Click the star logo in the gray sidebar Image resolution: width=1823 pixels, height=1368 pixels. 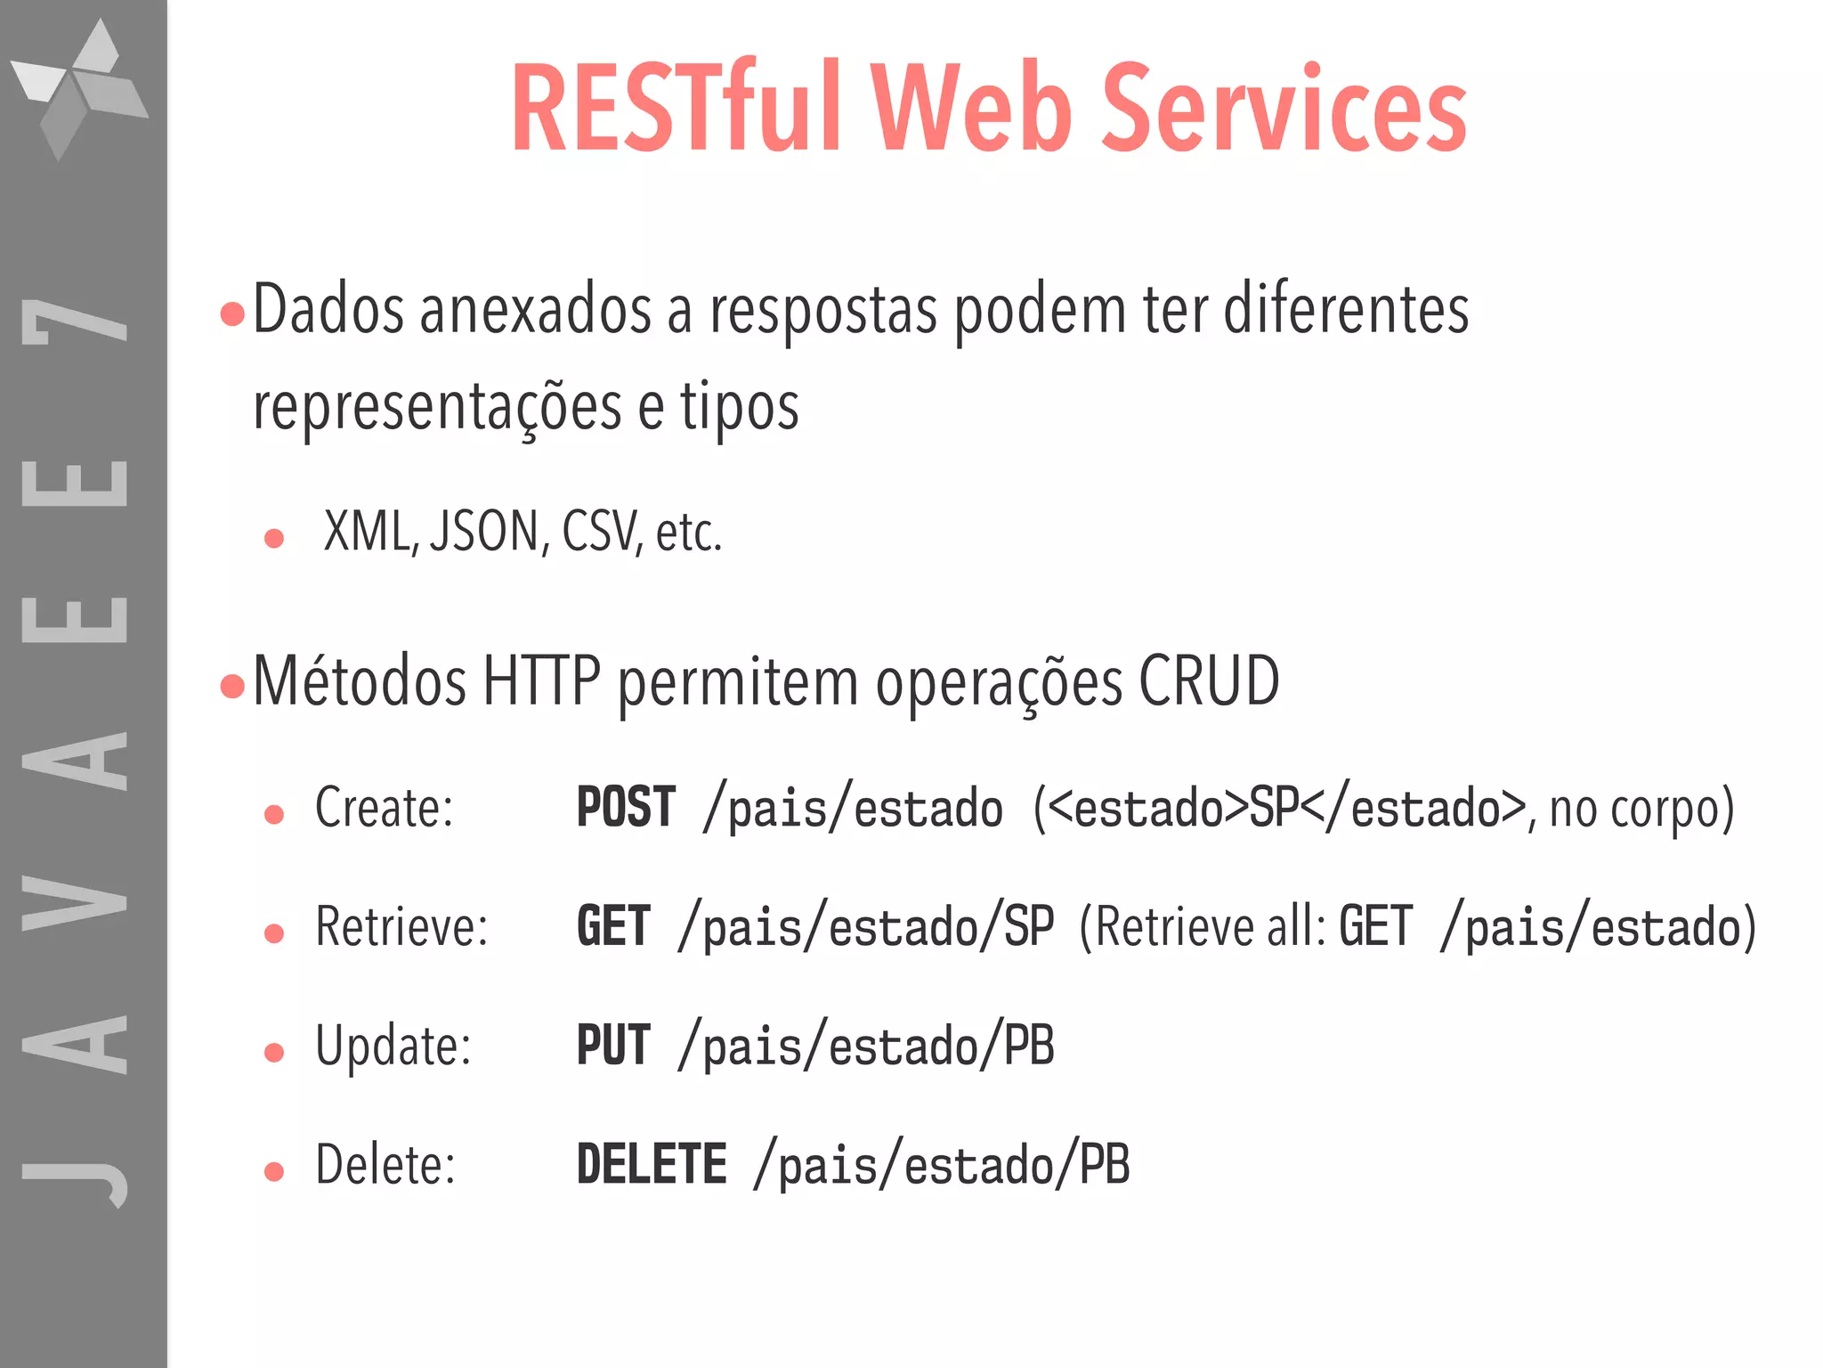pyautogui.click(x=79, y=89)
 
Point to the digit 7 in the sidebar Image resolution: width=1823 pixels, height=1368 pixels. pyautogui.click(x=76, y=321)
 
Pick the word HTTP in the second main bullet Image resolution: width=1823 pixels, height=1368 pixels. pyautogui.click(x=542, y=681)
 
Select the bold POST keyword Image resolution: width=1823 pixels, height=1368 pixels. pyautogui.click(x=626, y=807)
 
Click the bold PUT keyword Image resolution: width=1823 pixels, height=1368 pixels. pyautogui.click(x=613, y=1045)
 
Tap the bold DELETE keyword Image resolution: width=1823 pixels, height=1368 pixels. pyautogui.click(x=652, y=1163)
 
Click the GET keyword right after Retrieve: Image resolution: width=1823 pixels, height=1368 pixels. pyautogui.click(x=613, y=926)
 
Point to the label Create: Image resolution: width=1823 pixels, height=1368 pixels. pyautogui.click(x=385, y=807)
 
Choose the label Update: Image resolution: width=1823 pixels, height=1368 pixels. pyautogui.click(x=393, y=1046)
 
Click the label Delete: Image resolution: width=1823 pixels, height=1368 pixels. pyautogui.click(x=385, y=1164)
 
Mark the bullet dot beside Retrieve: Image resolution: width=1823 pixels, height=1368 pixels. pyautogui.click(x=274, y=933)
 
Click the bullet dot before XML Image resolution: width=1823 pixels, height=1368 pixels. pyautogui.click(x=274, y=538)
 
